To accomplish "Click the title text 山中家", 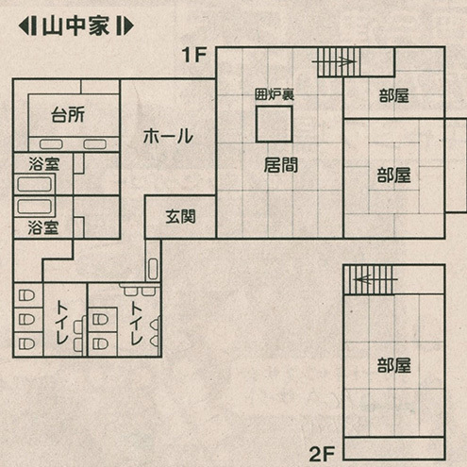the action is tap(75, 26).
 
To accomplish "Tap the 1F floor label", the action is tap(194, 55).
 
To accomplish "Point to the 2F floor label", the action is tap(322, 454).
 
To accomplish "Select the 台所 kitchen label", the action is tap(68, 115).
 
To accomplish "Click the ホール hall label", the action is tap(168, 136).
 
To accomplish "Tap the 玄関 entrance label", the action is tap(181, 217).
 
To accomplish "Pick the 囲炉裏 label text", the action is tap(275, 94).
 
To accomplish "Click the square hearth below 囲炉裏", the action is tap(275, 124).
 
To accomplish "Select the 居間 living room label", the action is tap(281, 165).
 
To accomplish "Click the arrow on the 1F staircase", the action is tap(333, 61).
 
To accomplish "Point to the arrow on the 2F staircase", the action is tap(375, 279).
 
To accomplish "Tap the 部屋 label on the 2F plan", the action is tap(394, 365).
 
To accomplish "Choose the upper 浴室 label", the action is tap(44, 164).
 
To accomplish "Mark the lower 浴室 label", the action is tap(43, 227).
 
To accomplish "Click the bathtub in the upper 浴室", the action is tap(35, 185).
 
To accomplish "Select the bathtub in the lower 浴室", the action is tap(35, 207).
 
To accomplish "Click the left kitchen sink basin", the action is tap(51, 144).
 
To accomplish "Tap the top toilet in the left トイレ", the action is tap(26, 295).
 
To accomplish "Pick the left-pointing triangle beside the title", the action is tap(23, 26).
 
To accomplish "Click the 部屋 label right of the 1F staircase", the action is tap(394, 96).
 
